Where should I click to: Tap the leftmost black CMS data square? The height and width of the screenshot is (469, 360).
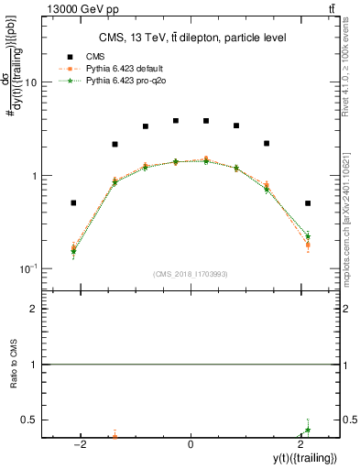(x=73, y=202)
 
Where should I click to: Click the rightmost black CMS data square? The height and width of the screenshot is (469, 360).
(x=308, y=203)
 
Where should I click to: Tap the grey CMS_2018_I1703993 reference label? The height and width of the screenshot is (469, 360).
(x=191, y=274)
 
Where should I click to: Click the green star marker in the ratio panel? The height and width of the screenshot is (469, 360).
(x=308, y=430)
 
